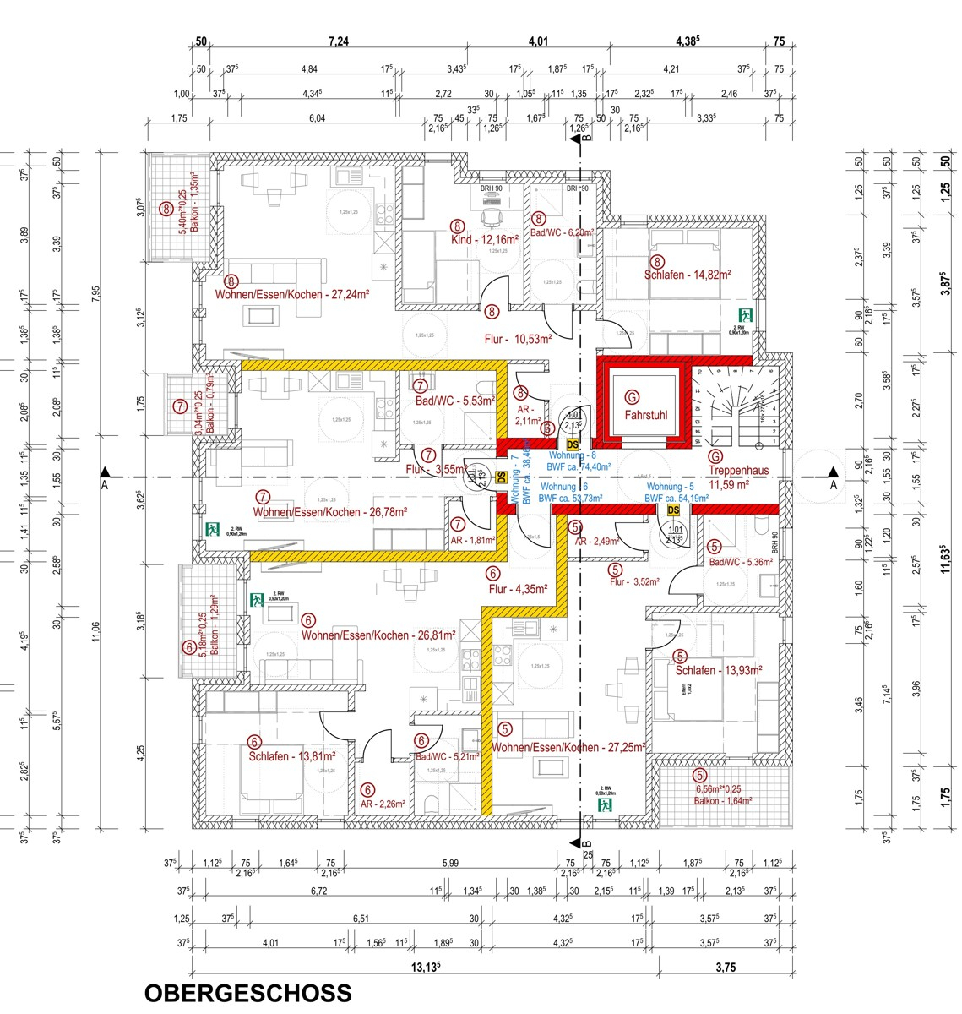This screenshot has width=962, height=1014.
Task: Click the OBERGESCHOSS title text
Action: (247, 992)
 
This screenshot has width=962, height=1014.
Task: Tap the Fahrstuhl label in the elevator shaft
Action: (645, 415)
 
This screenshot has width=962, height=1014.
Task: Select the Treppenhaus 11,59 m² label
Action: (729, 478)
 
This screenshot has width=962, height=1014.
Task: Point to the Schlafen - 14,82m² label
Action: (688, 275)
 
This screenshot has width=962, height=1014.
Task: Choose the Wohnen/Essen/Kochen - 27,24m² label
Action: (293, 295)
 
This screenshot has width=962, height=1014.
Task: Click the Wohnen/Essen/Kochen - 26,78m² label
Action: (330, 512)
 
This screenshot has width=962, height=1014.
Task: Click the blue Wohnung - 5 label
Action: (671, 488)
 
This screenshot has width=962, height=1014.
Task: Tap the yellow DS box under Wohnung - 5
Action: (673, 510)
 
